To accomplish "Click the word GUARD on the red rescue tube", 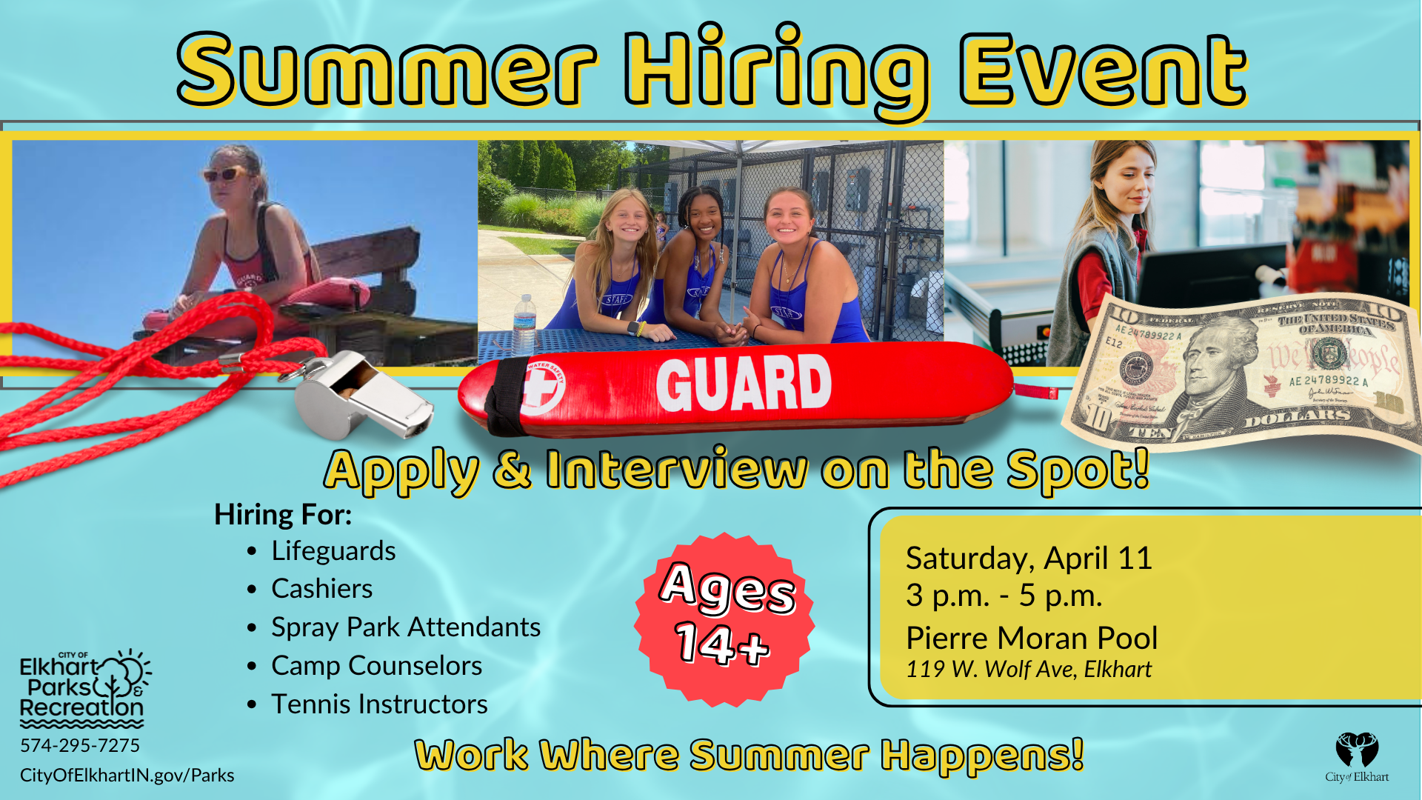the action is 744,383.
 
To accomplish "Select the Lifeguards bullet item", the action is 333,551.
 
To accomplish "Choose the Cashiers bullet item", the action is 321,589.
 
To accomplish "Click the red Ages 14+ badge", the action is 724,619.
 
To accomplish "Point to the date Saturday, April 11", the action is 1029,559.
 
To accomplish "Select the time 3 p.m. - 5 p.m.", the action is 1004,596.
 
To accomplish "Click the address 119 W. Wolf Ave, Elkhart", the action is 1029,670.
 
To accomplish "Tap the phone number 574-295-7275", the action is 80,746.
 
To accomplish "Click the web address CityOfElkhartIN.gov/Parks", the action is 127,776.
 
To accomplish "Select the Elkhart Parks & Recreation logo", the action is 84,689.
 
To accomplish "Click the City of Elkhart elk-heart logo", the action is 1357,757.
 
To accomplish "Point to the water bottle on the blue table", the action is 524,324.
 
